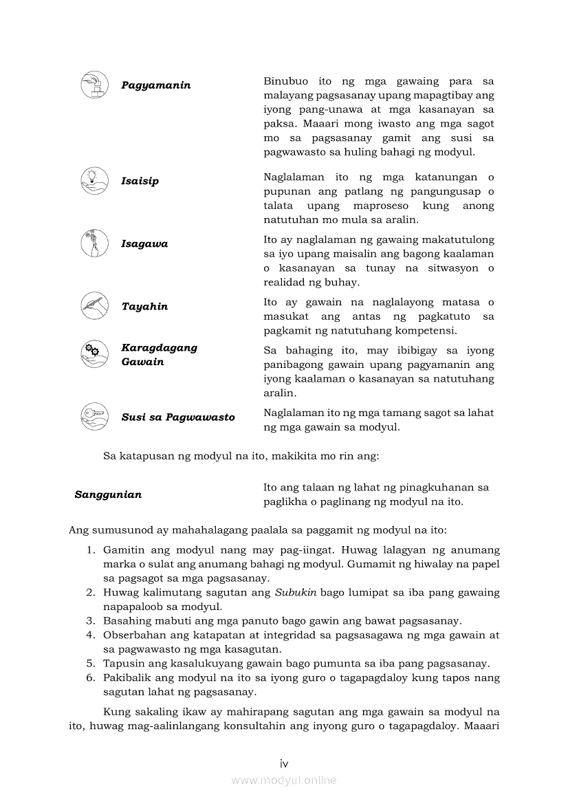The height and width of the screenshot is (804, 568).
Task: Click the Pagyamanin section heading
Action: (156, 85)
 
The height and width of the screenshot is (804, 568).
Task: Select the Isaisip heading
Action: (140, 182)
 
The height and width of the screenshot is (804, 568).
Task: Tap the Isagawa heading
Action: (144, 244)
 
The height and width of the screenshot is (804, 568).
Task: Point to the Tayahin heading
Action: (144, 307)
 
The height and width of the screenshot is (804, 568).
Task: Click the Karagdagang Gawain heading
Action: (159, 355)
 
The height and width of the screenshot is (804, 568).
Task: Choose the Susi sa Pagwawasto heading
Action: (178, 417)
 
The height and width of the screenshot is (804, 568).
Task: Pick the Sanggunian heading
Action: (108, 495)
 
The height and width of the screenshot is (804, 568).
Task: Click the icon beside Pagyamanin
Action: (95, 85)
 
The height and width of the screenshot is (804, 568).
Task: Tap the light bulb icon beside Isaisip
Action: (95, 181)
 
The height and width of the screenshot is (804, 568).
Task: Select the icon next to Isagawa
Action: (95, 243)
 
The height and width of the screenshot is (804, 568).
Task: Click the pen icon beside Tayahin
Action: (95, 306)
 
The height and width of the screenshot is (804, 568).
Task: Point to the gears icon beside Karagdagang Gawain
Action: (95, 354)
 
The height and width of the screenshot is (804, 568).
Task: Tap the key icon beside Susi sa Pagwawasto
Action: (95, 417)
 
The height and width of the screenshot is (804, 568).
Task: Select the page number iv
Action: (283, 763)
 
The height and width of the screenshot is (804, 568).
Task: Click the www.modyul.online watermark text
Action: (283, 780)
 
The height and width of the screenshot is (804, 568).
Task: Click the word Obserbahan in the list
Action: (135, 635)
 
